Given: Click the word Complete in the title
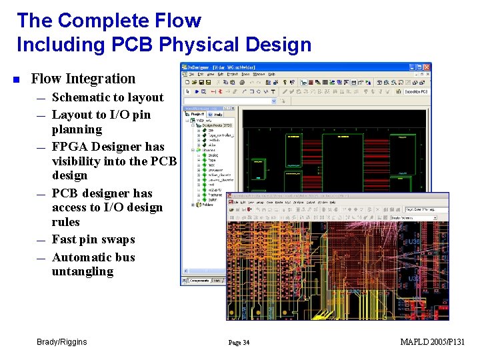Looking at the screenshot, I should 109,20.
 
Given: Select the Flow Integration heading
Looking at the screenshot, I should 83,79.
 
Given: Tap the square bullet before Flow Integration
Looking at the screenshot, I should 17,79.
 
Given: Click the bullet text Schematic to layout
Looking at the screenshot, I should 107,97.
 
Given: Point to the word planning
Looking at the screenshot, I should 77,129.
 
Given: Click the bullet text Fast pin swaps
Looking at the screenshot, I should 93,239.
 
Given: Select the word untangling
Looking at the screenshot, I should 83,271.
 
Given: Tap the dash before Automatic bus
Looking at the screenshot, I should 41,258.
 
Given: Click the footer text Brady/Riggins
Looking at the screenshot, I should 61,342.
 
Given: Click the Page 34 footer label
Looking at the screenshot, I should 239,343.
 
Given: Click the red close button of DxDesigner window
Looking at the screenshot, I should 427,67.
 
